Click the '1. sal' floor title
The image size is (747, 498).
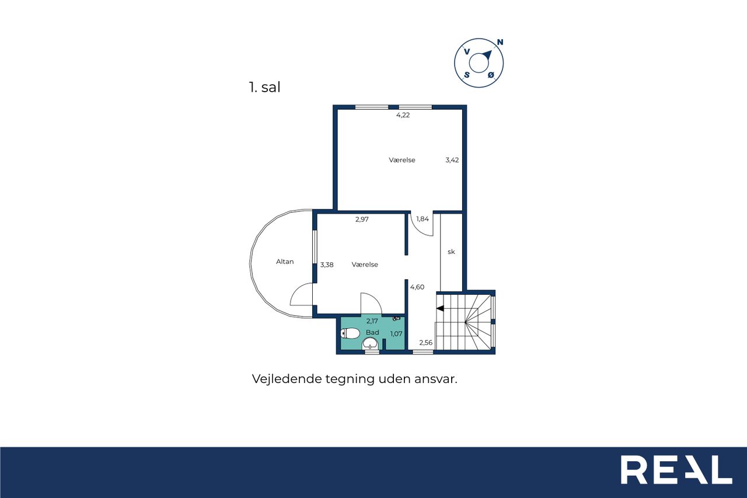[264, 87]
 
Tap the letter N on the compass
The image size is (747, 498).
[500, 42]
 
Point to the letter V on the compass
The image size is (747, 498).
[467, 51]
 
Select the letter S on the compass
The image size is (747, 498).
[467, 75]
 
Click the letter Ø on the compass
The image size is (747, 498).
[491, 75]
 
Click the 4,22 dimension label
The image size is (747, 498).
[403, 115]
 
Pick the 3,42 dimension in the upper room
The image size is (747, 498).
[452, 160]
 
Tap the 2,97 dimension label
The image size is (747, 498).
[362, 220]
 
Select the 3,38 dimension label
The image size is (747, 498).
[327, 265]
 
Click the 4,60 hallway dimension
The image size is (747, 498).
[417, 287]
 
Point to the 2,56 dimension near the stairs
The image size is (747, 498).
[426, 343]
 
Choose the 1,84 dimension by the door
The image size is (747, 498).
[423, 219]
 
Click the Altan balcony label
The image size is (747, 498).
[285, 262]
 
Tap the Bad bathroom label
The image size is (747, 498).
[372, 333]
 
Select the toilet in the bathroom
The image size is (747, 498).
[350, 333]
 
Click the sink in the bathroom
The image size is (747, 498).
[370, 343]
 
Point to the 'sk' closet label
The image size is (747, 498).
[451, 252]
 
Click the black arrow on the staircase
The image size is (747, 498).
[440, 308]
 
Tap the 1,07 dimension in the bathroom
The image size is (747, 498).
[396, 334]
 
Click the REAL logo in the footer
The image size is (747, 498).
[676, 470]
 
